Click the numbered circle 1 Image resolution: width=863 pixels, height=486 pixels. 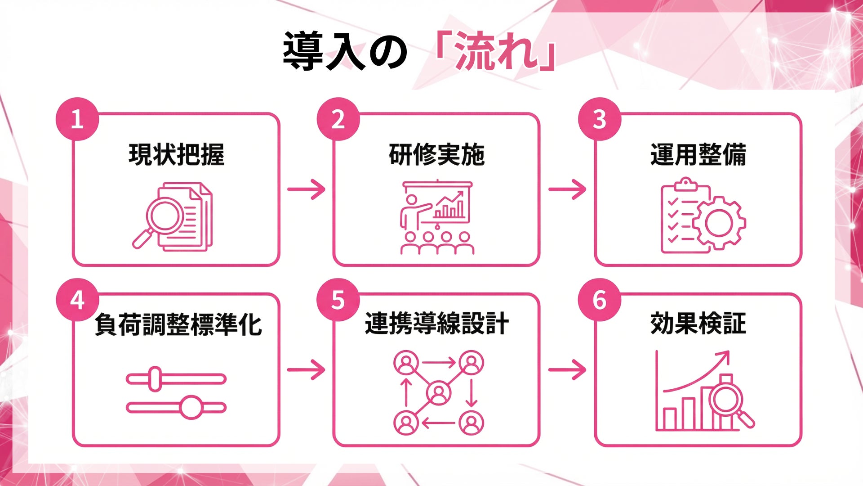coord(77,119)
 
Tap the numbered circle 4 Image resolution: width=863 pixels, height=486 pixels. coord(77,300)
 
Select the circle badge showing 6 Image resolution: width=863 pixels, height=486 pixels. coord(600,300)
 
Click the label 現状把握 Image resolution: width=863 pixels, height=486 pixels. coord(176,154)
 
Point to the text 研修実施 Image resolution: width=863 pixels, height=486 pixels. coord(436,154)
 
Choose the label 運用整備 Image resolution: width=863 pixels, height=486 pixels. coord(698,154)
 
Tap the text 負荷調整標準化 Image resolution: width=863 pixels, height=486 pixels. coord(178,324)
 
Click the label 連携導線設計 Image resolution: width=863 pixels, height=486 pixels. coord(436,324)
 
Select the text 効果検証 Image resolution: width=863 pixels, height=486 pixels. coord(698,324)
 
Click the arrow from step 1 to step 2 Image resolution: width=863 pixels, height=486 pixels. coord(306,189)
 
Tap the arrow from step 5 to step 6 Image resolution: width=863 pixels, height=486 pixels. coord(567,370)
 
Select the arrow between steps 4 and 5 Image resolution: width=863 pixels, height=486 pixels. coord(306,370)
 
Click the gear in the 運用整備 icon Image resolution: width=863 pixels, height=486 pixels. coord(719,223)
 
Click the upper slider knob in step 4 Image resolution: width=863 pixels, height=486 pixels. coord(155,379)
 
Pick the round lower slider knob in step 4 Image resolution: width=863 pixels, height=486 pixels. coord(191,408)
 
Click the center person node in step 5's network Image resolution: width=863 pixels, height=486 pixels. coord(439,392)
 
